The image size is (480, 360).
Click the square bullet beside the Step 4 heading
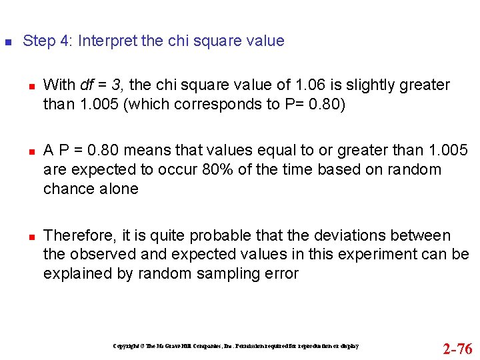point(7,41)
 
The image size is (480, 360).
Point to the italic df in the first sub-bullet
point(87,85)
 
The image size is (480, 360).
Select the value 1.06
point(309,85)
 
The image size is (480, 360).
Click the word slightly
point(373,85)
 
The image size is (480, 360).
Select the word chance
point(67,189)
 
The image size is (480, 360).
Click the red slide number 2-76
point(457,349)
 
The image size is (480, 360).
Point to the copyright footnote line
point(236,347)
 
